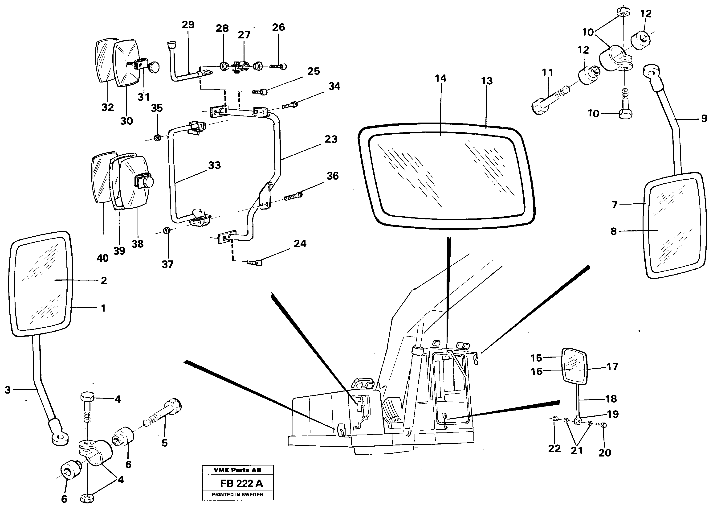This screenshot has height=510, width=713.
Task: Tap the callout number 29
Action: click(x=188, y=25)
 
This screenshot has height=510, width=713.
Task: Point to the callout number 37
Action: click(x=167, y=264)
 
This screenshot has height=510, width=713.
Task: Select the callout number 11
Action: click(x=547, y=73)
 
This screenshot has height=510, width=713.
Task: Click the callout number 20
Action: click(x=605, y=452)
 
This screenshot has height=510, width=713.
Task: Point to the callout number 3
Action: click(x=8, y=390)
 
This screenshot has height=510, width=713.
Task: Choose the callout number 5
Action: click(x=164, y=443)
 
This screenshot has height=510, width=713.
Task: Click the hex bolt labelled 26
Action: click(x=278, y=66)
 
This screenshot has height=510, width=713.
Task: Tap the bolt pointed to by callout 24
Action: click(x=255, y=262)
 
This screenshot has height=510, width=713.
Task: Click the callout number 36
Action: click(x=333, y=176)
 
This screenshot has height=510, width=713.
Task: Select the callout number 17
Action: click(x=612, y=366)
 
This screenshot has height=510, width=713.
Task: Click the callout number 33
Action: click(x=214, y=165)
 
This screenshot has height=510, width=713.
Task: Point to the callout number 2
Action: click(x=104, y=280)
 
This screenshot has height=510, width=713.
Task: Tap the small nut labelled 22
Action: click(x=554, y=418)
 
